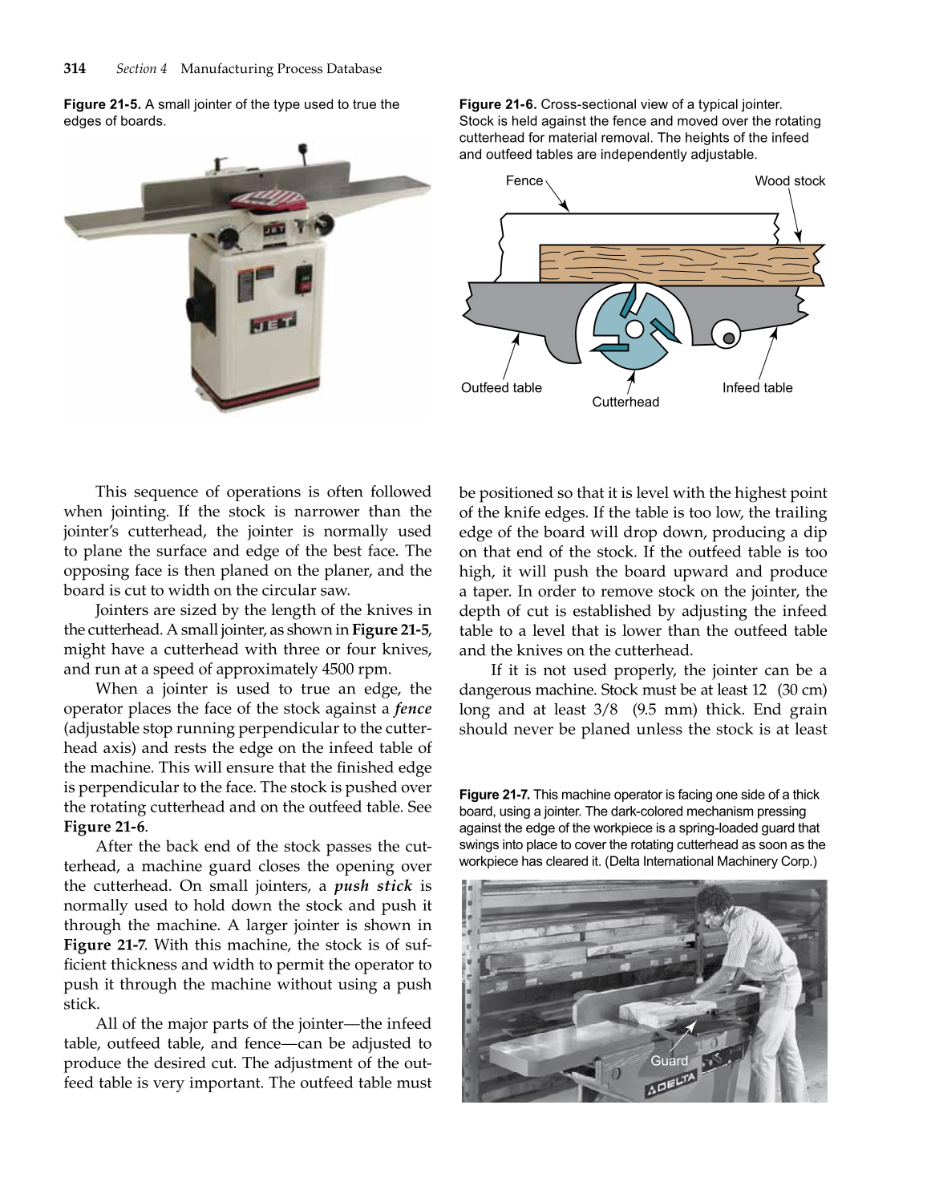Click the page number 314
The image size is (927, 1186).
pos(75,69)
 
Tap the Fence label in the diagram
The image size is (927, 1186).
pos(524,181)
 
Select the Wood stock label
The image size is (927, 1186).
pos(789,181)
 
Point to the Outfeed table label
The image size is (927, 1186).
pos(501,388)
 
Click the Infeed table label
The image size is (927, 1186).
pos(756,388)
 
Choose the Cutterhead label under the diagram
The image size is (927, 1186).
pos(625,402)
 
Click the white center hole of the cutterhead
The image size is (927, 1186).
pos(634,330)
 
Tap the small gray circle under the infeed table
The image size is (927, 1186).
pos(728,338)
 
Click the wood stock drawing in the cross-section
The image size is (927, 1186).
pos(682,265)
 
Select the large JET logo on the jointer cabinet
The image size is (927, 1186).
pos(273,323)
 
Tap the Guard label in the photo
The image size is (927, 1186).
pos(669,1061)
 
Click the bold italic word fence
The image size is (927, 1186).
pos(413,709)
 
